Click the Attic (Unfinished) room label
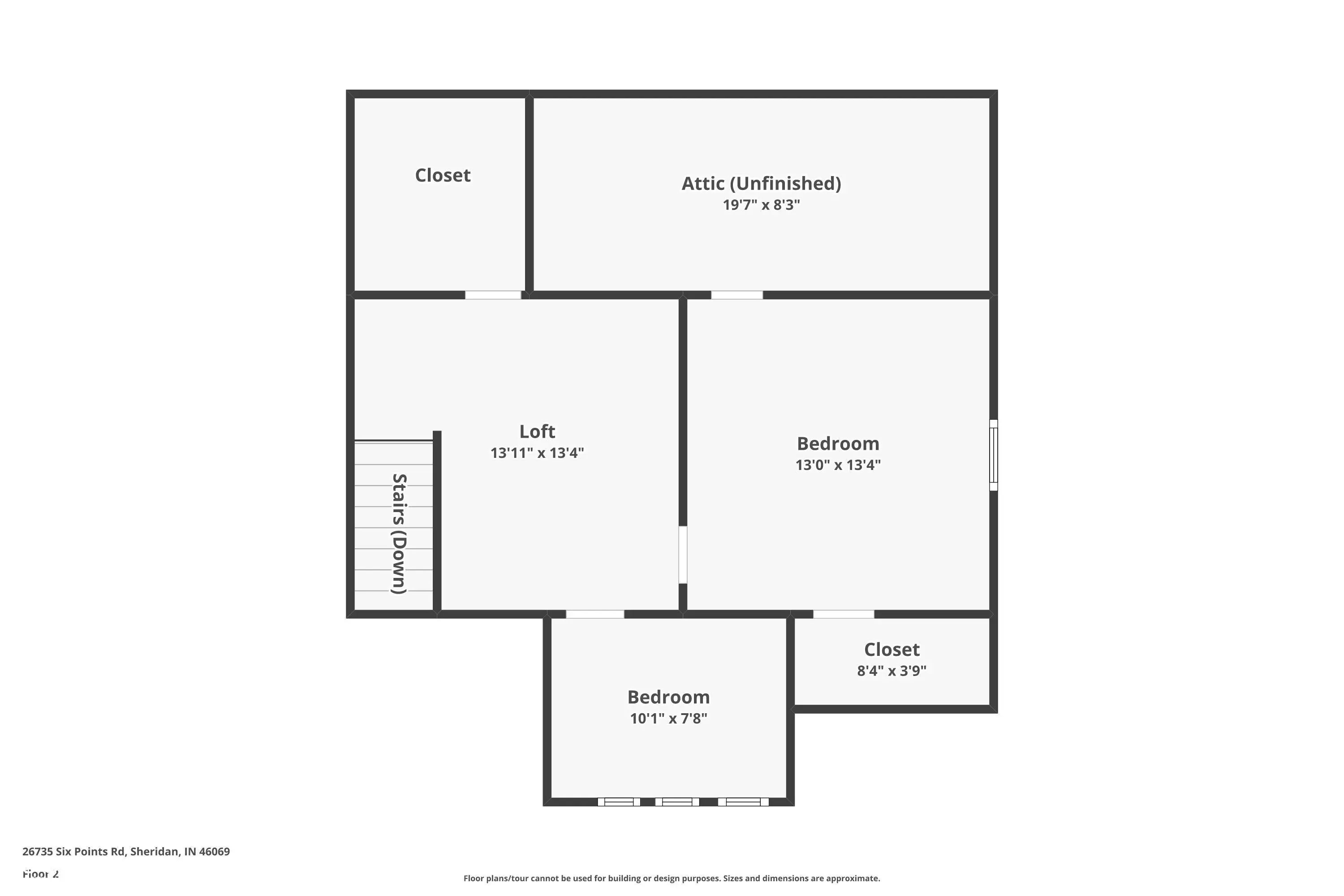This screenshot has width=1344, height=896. (x=761, y=183)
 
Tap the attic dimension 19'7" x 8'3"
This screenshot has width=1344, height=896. (x=761, y=205)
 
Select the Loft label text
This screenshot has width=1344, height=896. (x=537, y=431)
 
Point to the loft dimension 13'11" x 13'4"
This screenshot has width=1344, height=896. (x=537, y=453)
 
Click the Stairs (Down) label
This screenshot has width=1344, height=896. (x=399, y=534)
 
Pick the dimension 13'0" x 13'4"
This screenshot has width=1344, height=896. (x=838, y=465)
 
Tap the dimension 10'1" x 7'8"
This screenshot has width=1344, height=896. (x=668, y=718)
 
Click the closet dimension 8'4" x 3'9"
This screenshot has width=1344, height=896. (x=892, y=671)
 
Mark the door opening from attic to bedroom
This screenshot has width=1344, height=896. (x=737, y=295)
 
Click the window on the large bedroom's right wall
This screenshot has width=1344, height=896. (x=994, y=455)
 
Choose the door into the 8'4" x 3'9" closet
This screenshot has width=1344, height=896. (x=844, y=614)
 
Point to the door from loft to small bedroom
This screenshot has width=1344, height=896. (x=595, y=614)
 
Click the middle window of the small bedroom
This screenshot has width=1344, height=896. (x=677, y=802)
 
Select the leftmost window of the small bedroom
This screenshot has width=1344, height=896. (x=619, y=802)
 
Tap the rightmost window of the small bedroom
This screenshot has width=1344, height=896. (x=743, y=802)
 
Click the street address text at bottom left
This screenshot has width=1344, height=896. (x=126, y=852)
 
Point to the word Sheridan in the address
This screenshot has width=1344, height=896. (x=154, y=852)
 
